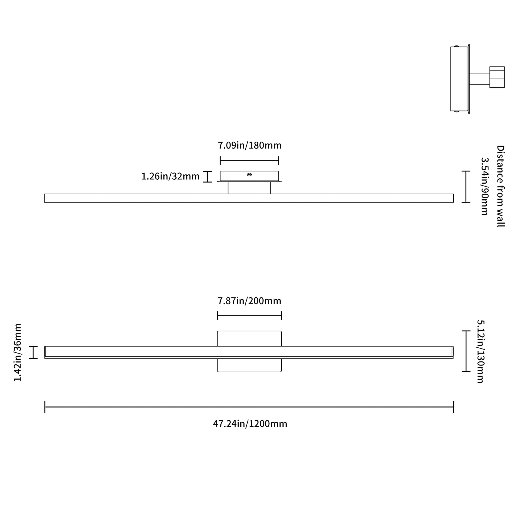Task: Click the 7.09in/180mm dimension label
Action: [250, 145]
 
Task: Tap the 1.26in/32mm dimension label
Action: [170, 176]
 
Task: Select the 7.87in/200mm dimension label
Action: [249, 301]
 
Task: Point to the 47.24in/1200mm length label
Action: [250, 424]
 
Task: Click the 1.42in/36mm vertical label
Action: [17, 352]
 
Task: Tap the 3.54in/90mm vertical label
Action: [484, 186]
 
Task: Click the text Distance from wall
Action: [500, 186]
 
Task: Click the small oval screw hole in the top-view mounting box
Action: [249, 175]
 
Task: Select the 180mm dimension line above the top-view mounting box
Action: [249, 161]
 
